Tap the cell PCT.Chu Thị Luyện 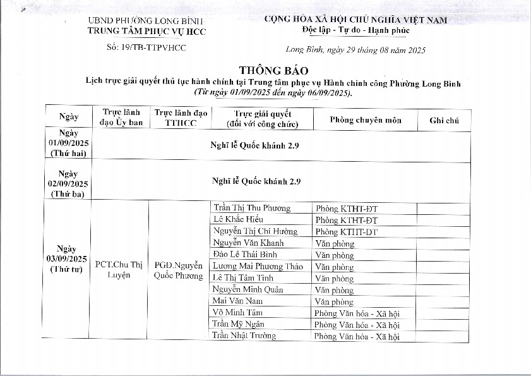[x=118, y=270]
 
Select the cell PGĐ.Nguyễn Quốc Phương [x=179, y=270]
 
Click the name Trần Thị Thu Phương [x=252, y=208]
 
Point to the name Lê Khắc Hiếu [x=237, y=219]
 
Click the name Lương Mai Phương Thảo [x=258, y=266]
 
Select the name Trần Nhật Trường [x=244, y=336]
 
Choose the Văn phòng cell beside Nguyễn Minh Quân [x=334, y=290]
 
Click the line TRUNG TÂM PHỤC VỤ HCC [x=146, y=31]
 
